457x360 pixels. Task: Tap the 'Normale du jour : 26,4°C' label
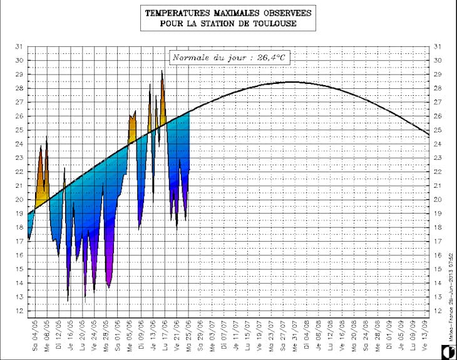tap(230, 58)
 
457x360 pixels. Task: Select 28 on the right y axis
tap(438, 88)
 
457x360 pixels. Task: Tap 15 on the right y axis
tap(438, 269)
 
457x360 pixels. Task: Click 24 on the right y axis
tap(438, 144)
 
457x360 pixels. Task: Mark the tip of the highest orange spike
tap(162, 71)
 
